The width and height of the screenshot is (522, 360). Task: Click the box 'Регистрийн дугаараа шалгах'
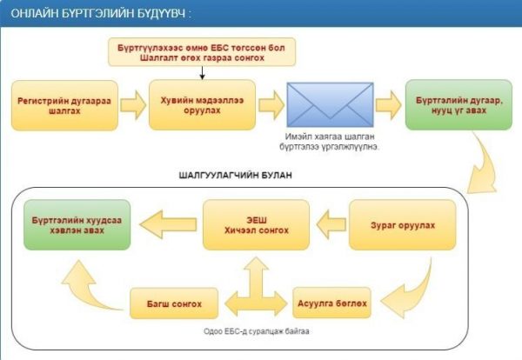click(x=64, y=105)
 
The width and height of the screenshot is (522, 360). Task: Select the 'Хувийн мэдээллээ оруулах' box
click(x=202, y=105)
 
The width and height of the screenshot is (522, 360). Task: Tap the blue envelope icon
click(x=330, y=104)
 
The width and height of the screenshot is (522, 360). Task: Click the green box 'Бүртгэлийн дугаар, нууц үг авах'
click(x=458, y=105)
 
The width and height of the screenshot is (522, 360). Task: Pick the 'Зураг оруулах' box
click(x=403, y=225)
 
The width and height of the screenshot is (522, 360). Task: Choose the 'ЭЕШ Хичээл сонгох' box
click(x=256, y=225)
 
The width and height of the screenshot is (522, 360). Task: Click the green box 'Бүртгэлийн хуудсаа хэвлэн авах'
click(x=77, y=225)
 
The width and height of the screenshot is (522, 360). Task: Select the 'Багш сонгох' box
click(x=174, y=303)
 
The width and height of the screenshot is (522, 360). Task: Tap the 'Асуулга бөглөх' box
click(x=332, y=303)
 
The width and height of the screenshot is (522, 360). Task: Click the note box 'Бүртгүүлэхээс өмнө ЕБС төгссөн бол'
click(x=202, y=52)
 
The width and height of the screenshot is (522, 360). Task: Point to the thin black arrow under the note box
click(x=202, y=73)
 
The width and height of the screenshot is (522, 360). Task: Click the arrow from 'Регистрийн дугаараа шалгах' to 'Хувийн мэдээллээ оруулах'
click(x=133, y=105)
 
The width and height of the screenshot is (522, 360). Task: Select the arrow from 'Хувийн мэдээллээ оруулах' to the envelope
click(x=271, y=105)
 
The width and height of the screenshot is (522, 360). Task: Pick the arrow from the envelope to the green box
click(x=389, y=105)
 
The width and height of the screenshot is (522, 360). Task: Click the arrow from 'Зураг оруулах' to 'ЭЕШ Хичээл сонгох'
click(x=331, y=224)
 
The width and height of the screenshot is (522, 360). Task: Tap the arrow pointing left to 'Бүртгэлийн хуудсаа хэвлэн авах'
click(x=169, y=224)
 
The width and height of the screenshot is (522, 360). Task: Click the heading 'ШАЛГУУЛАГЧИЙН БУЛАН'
click(x=236, y=176)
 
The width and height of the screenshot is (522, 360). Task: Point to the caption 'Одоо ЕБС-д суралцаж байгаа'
click(x=257, y=331)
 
